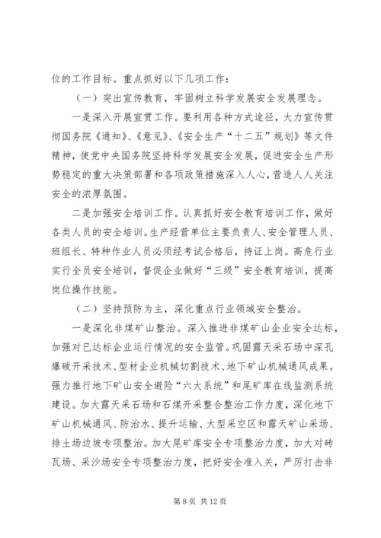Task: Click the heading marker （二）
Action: click(89, 329)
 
